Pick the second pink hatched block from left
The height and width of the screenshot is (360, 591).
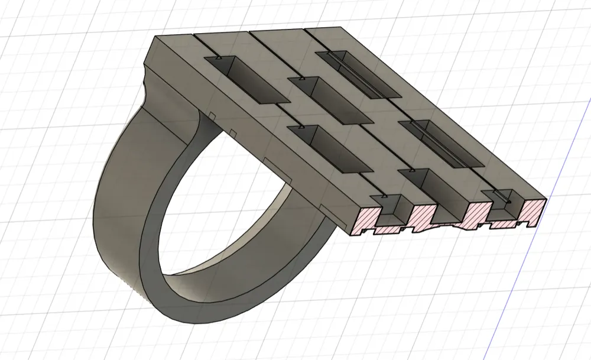click(x=421, y=215)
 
